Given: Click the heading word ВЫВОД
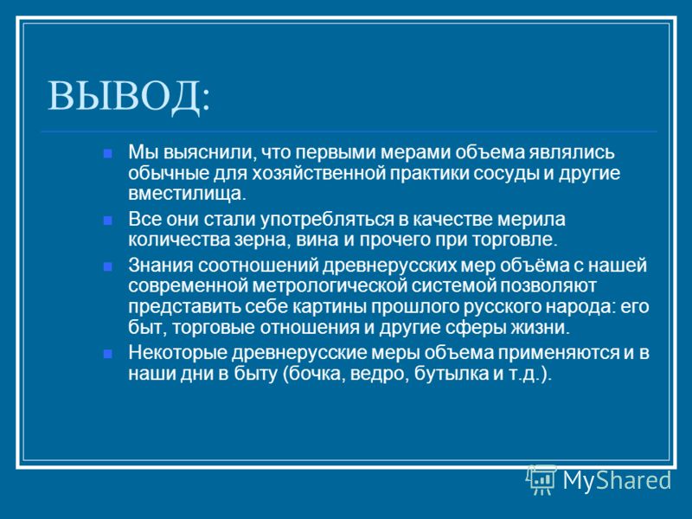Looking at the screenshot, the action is point(124,96).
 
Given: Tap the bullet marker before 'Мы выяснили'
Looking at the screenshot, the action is point(107,154).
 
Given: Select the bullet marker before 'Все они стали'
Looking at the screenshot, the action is point(107,221).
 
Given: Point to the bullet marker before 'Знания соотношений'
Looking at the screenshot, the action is point(107,266).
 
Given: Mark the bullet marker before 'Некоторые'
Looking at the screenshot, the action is point(107,354).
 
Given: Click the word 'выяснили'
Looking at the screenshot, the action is point(210,153).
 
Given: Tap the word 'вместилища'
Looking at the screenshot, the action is point(187,194).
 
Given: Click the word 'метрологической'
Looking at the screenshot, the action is point(330,286).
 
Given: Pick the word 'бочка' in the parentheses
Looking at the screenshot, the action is point(315,375).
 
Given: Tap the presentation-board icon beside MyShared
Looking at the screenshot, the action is point(541,480).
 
